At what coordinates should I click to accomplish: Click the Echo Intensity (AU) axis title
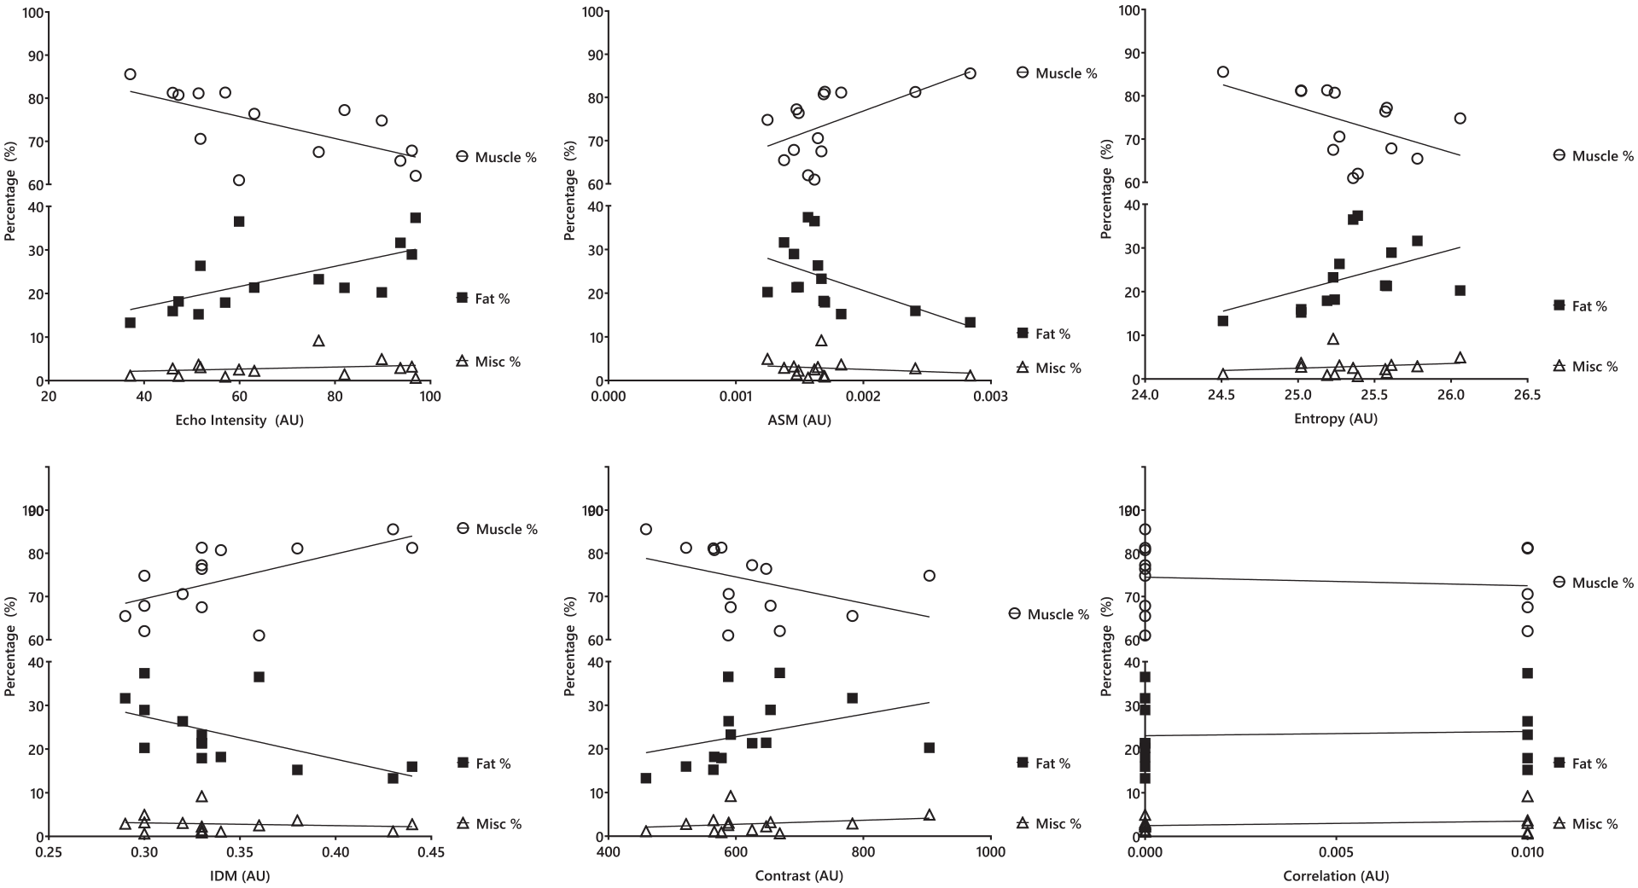239,420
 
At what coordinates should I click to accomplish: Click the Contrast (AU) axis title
799,876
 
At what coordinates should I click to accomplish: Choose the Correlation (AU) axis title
1336,876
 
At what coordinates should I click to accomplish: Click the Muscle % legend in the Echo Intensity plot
496,157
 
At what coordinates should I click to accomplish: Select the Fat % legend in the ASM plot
1043,334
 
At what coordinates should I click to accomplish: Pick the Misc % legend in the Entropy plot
1585,366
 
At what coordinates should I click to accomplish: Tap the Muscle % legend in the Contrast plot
1048,614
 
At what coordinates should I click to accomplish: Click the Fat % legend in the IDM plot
483,763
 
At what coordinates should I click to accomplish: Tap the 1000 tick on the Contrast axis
990,853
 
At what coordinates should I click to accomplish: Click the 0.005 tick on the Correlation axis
1336,853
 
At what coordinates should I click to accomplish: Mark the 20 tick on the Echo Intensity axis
49,397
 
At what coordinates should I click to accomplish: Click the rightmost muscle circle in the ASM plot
970,73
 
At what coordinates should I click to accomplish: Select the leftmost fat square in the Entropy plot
1222,321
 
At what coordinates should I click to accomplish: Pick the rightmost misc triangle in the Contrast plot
929,815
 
